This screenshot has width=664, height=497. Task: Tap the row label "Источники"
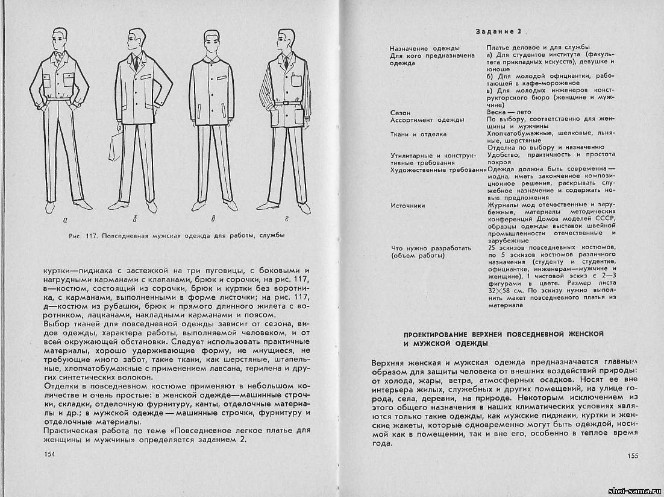coord(407,205)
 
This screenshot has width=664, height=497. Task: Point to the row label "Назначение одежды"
coord(425,48)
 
